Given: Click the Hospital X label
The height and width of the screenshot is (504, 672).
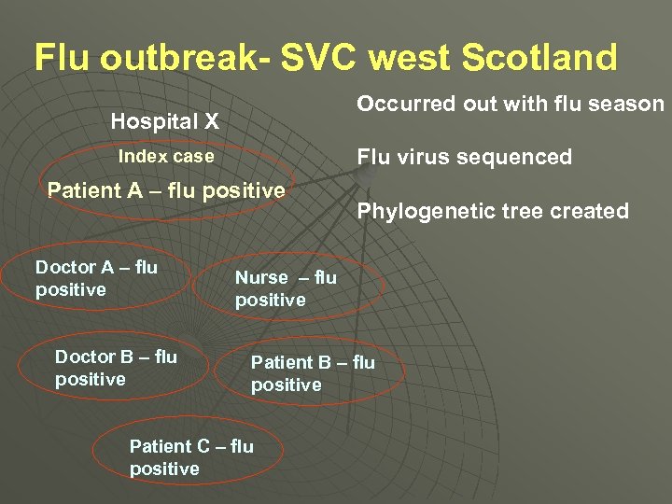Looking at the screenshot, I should [164, 121].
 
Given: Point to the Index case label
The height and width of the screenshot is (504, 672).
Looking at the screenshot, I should [165, 157].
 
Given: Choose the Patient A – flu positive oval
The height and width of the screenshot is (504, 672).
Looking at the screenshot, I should [166, 191].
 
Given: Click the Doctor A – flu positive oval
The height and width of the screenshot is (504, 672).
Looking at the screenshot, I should [97, 279].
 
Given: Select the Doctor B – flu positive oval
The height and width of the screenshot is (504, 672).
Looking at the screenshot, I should [117, 368].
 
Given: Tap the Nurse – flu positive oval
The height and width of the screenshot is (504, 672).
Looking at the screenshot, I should [286, 288].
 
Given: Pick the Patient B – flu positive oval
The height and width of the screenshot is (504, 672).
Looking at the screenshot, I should [313, 373].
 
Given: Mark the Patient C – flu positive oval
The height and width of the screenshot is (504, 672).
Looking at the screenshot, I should [191, 457].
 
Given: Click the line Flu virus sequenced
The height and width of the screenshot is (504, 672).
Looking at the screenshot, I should [464, 157].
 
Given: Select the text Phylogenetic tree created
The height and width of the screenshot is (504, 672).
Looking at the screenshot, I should [493, 211].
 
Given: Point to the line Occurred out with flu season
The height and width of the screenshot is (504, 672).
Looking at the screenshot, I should [510, 104].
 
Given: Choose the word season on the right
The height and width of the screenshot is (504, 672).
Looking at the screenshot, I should [630, 104].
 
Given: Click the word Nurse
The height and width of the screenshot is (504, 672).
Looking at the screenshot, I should [261, 277].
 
